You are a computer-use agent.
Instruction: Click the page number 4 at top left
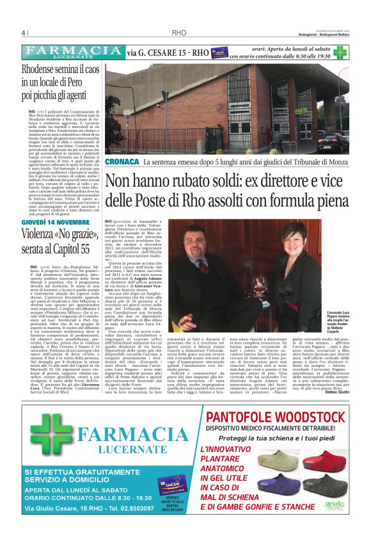click(23, 33)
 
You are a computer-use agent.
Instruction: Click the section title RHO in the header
click(179, 33)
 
